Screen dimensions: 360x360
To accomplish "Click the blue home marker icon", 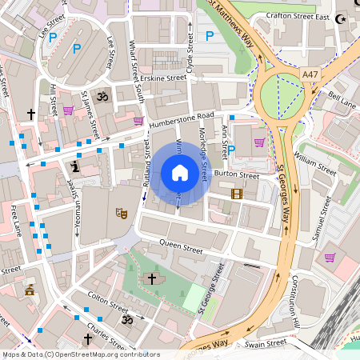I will click(x=180, y=173).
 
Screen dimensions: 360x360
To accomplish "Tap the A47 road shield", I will click(x=310, y=74).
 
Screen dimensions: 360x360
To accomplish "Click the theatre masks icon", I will click(x=122, y=213).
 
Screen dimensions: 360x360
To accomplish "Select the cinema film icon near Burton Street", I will click(x=236, y=193).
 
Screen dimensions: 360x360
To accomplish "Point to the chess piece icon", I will click(x=75, y=167).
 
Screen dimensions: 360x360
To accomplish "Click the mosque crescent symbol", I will click(x=343, y=18).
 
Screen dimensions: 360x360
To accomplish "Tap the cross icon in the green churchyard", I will click(x=152, y=279).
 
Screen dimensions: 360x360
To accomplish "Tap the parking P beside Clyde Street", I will click(x=210, y=36).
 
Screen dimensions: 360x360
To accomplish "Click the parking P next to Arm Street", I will click(x=232, y=150).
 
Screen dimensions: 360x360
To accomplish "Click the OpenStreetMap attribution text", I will click(x=80, y=354).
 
